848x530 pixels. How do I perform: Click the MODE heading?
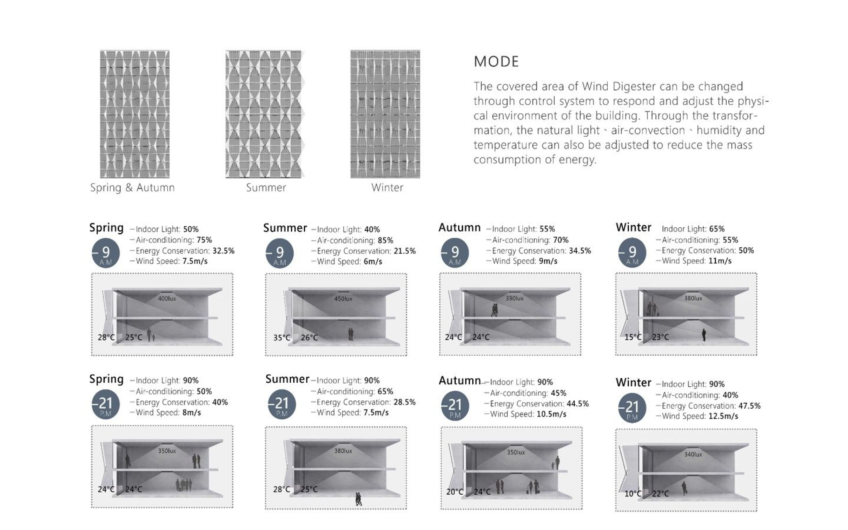(496, 62)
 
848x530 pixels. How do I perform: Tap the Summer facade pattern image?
(265, 114)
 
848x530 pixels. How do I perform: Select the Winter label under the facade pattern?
(387, 188)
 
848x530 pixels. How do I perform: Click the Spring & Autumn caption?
(132, 188)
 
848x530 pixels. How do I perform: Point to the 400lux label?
(167, 299)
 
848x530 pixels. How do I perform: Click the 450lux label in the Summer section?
(343, 299)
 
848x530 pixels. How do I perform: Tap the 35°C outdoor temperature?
(282, 338)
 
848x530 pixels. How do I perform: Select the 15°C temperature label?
(633, 337)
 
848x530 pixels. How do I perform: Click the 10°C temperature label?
(633, 493)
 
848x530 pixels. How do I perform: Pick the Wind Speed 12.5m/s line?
(697, 416)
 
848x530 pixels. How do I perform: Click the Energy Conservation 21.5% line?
(364, 251)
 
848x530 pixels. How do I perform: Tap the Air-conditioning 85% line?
(352, 240)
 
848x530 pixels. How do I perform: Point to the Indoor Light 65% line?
(693, 229)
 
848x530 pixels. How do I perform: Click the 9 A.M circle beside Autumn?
(455, 254)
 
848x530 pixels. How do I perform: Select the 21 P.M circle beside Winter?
(632, 409)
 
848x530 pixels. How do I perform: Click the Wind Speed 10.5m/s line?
(526, 414)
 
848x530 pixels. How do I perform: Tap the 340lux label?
(693, 455)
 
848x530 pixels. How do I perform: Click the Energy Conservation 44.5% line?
(537, 404)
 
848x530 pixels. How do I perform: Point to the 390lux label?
(514, 299)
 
